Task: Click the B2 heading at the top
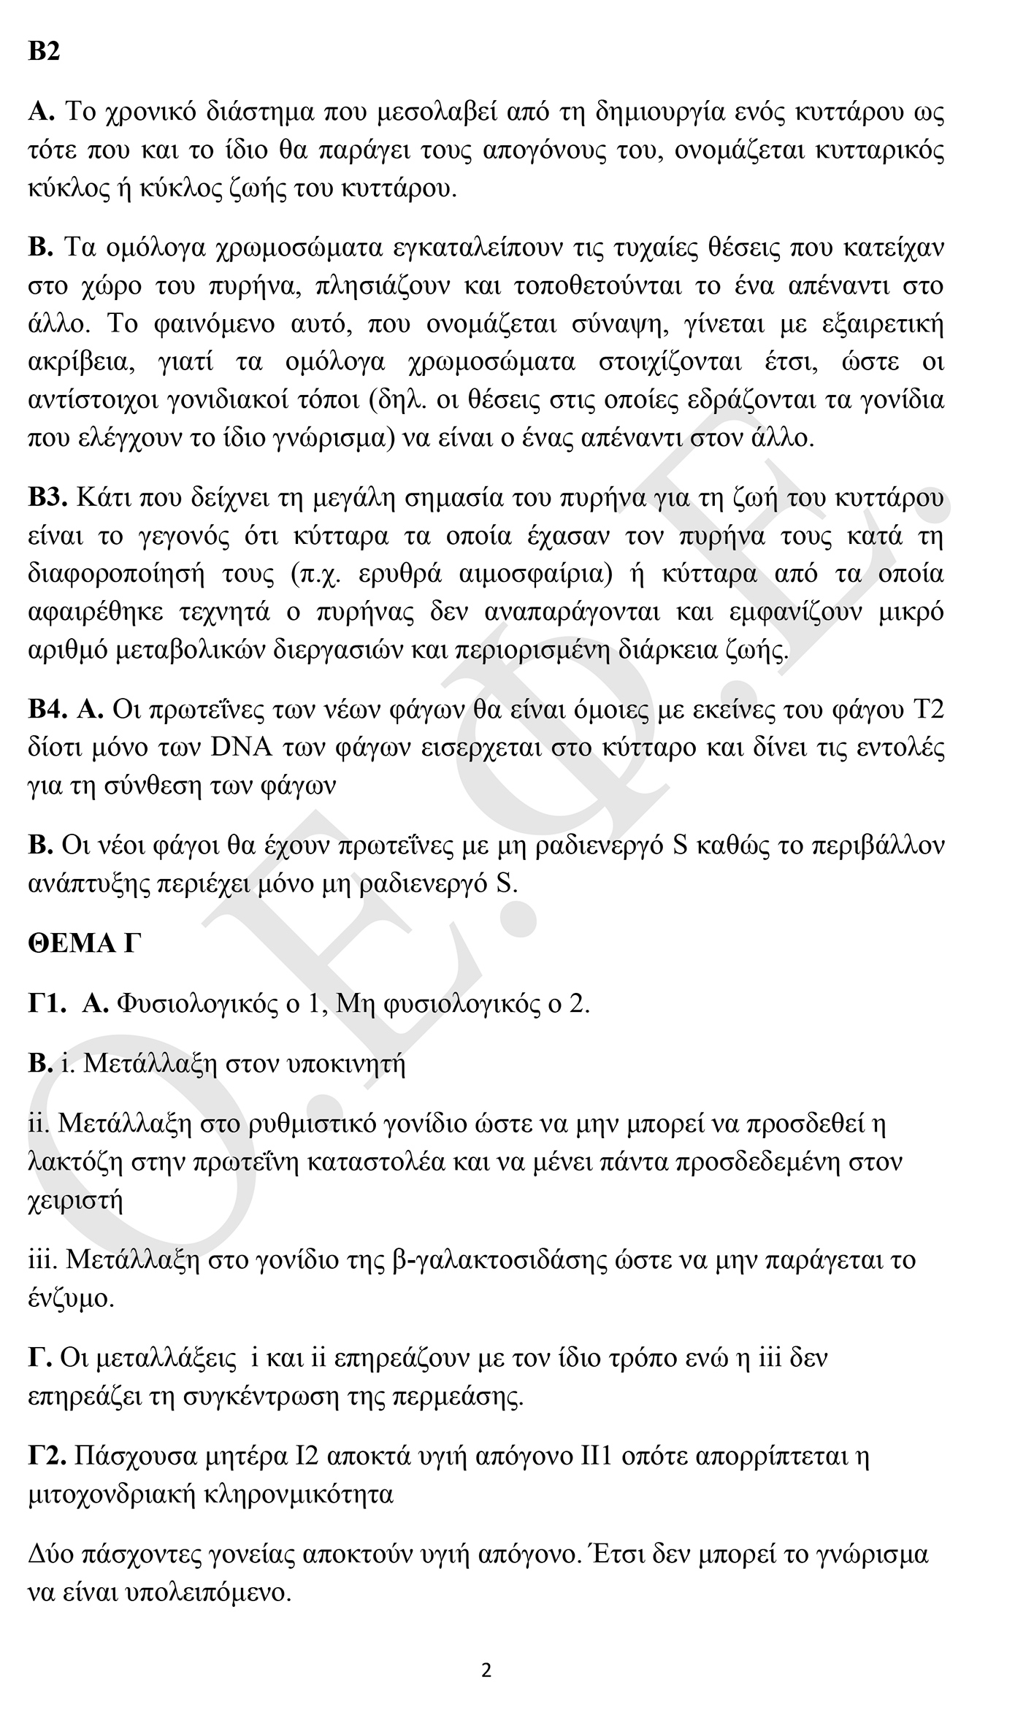coord(44,52)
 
